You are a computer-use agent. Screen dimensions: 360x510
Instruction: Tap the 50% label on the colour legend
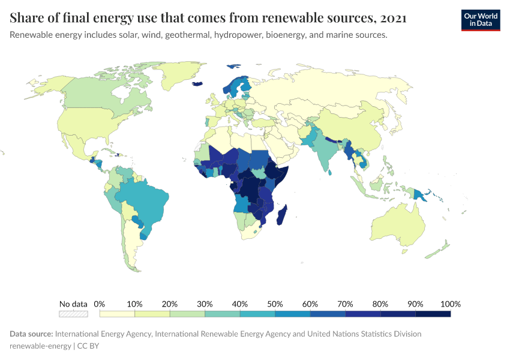(x=275, y=304)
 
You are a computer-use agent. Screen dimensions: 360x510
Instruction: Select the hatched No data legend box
(x=73, y=313)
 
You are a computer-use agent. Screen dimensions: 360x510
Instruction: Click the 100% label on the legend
(x=450, y=304)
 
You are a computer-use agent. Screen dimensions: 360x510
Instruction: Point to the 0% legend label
(x=100, y=304)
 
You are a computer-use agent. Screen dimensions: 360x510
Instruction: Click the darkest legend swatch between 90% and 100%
(x=433, y=313)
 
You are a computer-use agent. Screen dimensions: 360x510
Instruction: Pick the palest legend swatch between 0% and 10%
(x=117, y=313)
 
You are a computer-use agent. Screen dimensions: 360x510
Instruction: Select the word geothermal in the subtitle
(x=185, y=35)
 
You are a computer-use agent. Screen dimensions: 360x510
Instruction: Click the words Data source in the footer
(x=31, y=334)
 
